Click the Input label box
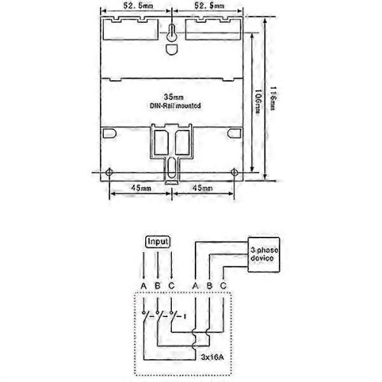(x=157, y=241)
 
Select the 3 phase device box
(x=264, y=254)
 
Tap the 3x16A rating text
(x=212, y=357)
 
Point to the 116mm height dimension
(x=273, y=98)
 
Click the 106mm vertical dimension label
(x=257, y=101)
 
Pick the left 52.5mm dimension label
(x=138, y=5)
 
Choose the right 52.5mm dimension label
(x=209, y=5)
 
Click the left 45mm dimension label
(x=141, y=188)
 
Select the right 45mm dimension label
(x=202, y=188)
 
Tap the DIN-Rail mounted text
(x=175, y=105)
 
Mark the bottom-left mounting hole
(x=109, y=172)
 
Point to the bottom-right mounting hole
(x=235, y=173)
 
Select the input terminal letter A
(x=144, y=286)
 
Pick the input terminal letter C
(x=172, y=286)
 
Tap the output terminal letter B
(x=209, y=286)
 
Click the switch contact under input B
(x=159, y=316)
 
